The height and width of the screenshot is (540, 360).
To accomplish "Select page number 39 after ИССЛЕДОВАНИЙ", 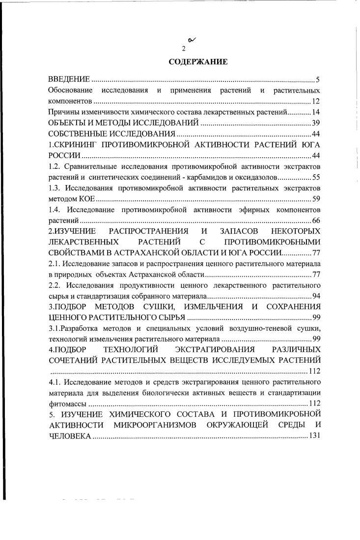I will pos(316,123).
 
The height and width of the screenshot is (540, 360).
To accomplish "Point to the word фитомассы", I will pos(68,404).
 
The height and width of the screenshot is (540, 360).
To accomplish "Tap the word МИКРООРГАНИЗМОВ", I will pos(158,425).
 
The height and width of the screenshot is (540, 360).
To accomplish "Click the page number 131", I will pos(314,436).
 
